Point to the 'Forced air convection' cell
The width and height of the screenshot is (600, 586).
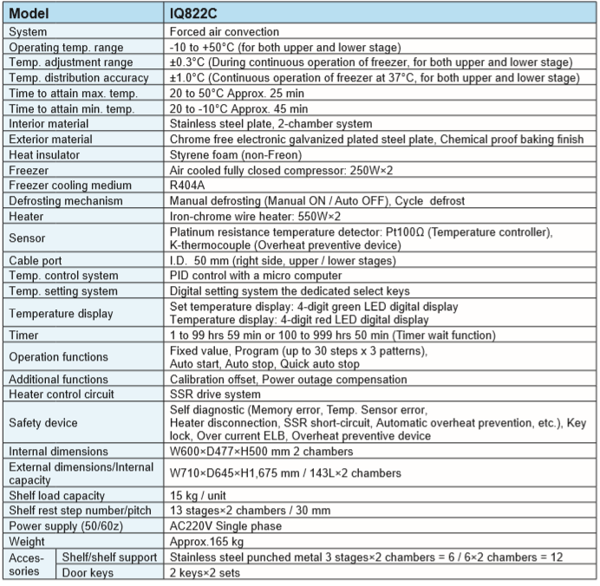click(x=225, y=32)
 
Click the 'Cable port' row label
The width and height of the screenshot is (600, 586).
click(x=37, y=260)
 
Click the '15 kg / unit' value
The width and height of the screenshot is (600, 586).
click(x=200, y=495)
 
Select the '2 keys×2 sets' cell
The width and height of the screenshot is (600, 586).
click(x=205, y=572)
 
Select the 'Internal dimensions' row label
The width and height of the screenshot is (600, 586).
click(x=56, y=451)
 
